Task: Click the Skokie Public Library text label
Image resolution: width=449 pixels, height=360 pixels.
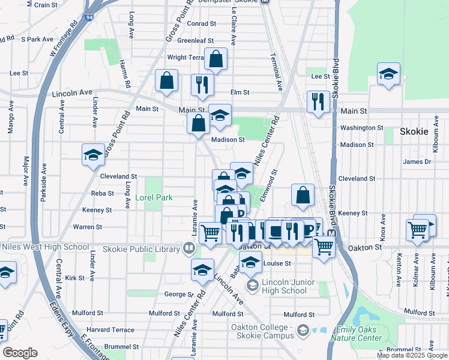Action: pos(141,249)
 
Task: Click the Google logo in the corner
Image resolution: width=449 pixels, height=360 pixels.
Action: pos(20,353)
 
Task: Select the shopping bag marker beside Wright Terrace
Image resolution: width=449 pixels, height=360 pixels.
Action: pos(215,59)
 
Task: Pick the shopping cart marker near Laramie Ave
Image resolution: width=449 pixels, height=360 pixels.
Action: pos(210,232)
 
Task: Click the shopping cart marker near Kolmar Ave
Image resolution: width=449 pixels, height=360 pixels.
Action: pos(417,229)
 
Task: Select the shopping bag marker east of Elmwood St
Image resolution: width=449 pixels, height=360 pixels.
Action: pos(303,194)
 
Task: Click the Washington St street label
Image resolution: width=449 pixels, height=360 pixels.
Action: pos(361,128)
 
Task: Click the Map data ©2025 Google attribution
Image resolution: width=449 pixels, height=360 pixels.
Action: pos(411,355)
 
